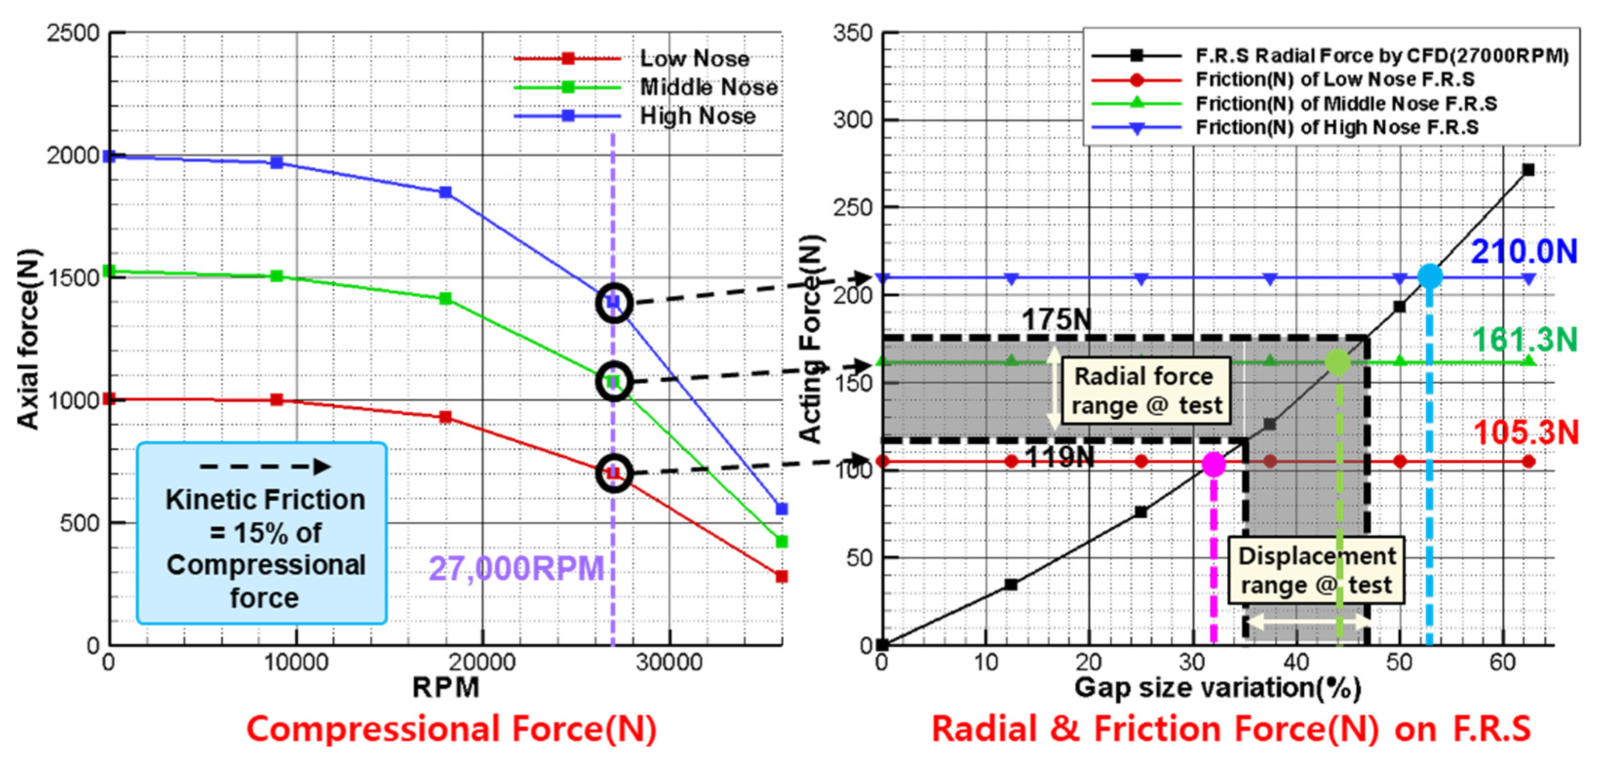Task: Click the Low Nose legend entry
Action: click(694, 59)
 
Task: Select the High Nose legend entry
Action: click(697, 116)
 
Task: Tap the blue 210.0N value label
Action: click(1523, 252)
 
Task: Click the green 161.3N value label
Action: click(1524, 340)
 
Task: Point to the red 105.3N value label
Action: click(1526, 432)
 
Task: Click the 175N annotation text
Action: click(1056, 320)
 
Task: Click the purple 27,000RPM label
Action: click(516, 568)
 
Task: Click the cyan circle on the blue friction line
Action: click(1430, 276)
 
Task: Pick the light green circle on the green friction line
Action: click(1337, 362)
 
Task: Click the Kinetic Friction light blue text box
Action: click(262, 533)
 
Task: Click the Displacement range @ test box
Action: click(1315, 570)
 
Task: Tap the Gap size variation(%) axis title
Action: click(1217, 687)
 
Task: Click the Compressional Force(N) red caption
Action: click(451, 728)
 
